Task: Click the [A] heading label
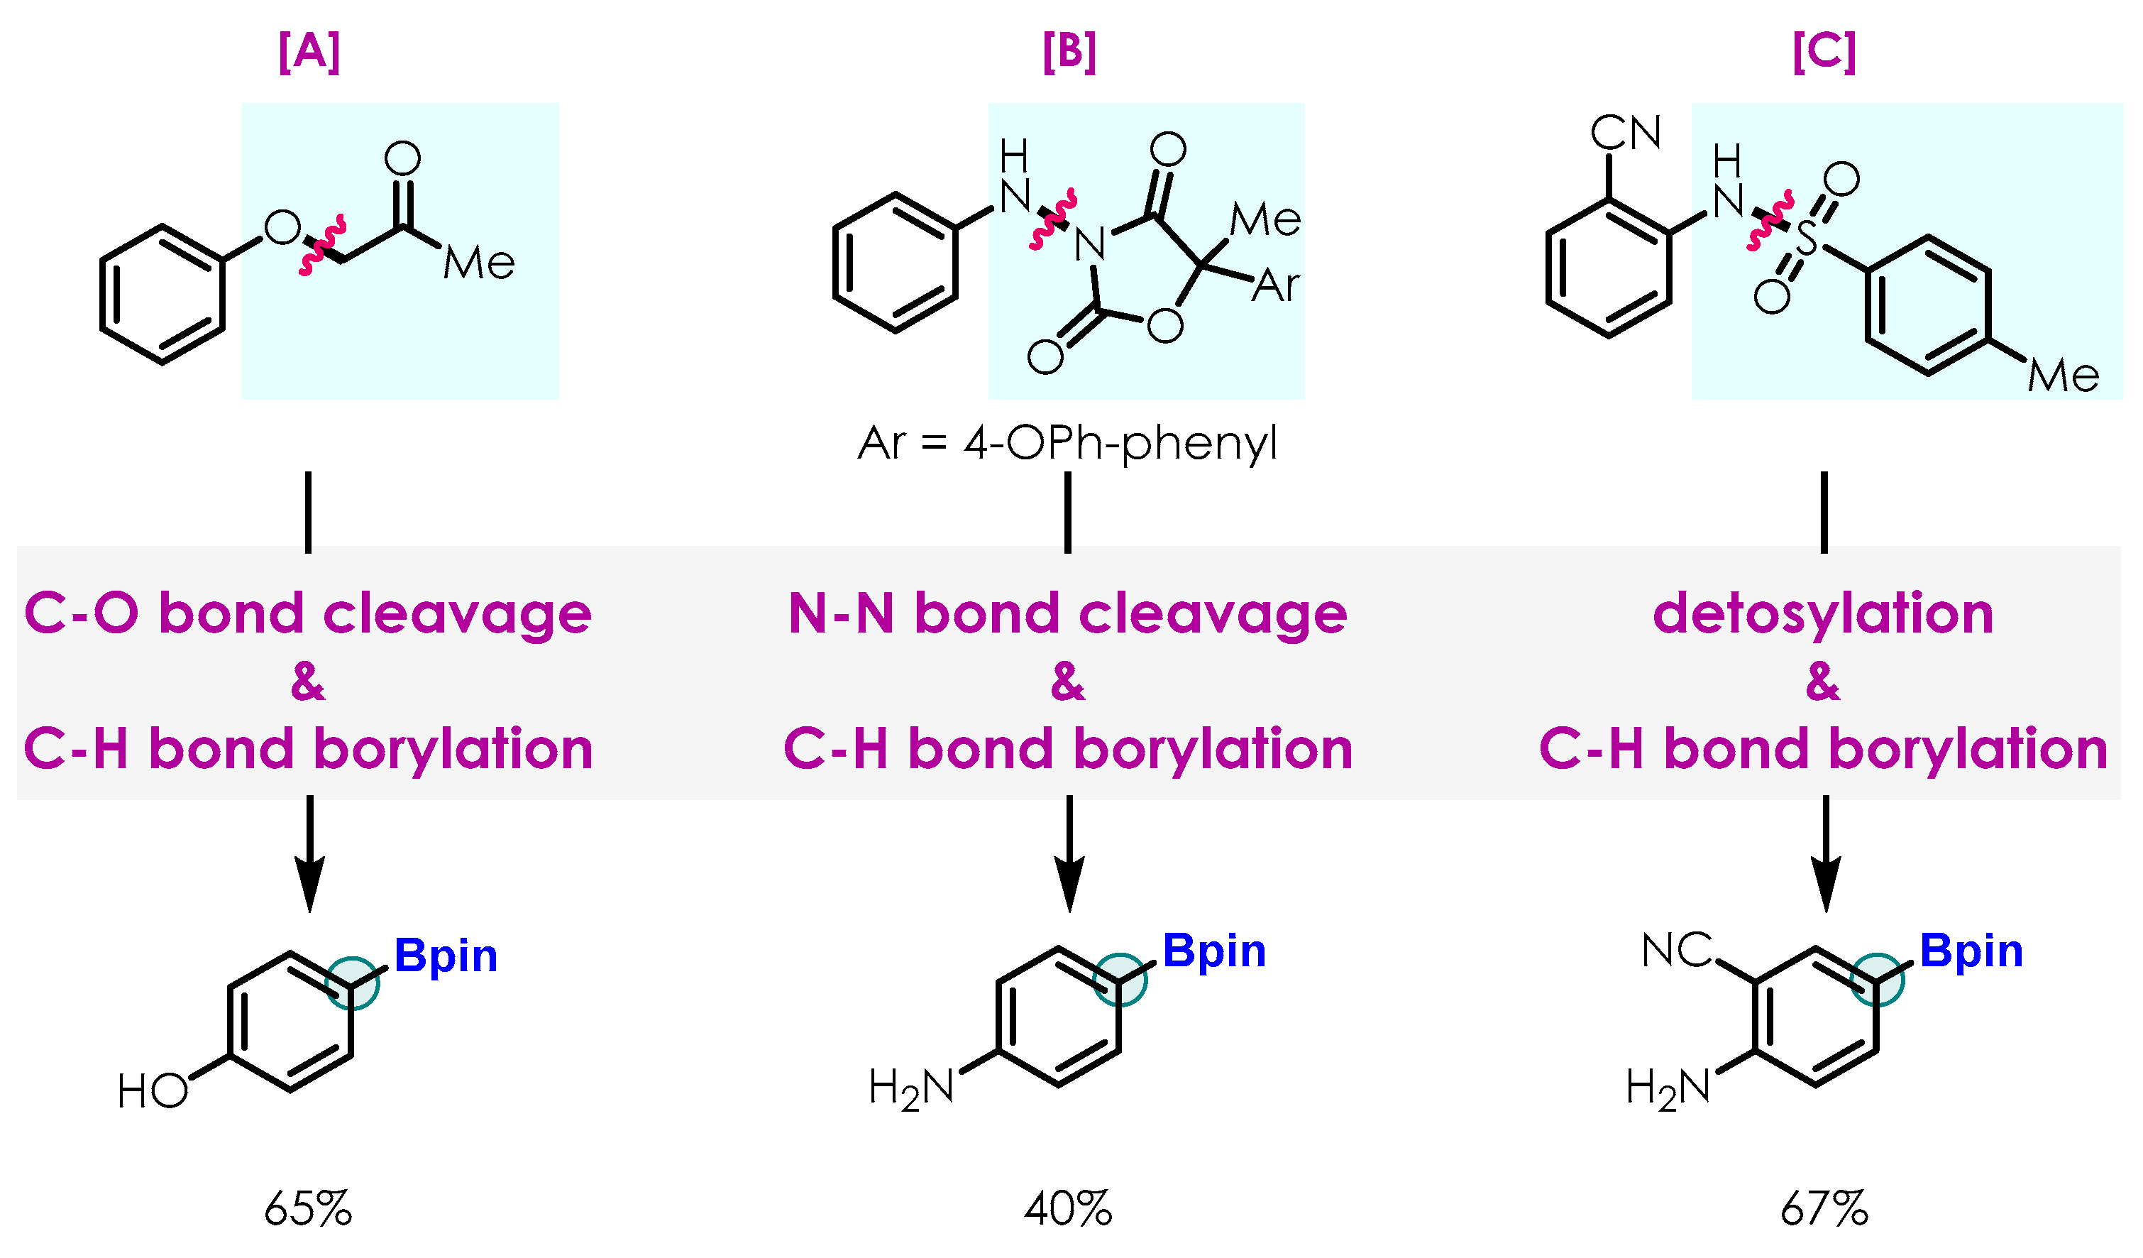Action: tap(309, 52)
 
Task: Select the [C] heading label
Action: tap(1824, 52)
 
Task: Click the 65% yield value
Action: tap(308, 1209)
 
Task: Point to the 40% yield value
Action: tap(1068, 1209)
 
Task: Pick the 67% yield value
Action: tap(1824, 1209)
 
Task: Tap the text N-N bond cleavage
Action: tap(1068, 613)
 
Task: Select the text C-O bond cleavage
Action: tap(308, 613)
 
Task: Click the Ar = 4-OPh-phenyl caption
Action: tap(1068, 443)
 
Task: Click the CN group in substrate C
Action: tap(1625, 133)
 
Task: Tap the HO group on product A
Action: tap(153, 1091)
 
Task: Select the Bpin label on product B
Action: tap(1214, 950)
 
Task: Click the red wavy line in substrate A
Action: tap(322, 246)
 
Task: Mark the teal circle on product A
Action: tap(352, 983)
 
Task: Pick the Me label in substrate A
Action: tap(479, 263)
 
